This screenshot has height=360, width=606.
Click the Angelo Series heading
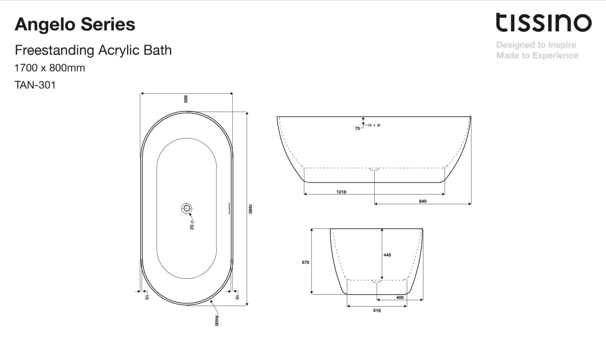coord(74,25)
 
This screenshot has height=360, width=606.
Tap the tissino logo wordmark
coord(543,23)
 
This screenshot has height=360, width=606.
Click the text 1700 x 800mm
coord(50,68)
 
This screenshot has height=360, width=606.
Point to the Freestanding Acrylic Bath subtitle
coord(93,50)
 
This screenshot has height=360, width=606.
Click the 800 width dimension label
coord(186,98)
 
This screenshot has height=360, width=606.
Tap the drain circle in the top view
coord(187,208)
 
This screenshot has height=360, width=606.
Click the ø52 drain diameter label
coord(192,225)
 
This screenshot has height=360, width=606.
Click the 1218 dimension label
coord(342,192)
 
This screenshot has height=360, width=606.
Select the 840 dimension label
coord(423,201)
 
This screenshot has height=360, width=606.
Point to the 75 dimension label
coord(357,129)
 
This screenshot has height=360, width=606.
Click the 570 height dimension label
coord(306,262)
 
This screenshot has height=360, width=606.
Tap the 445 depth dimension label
coord(387,255)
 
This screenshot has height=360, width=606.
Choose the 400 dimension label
coord(400,297)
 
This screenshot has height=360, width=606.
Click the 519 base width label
coord(377,310)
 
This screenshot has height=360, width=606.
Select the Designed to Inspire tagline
coord(536,45)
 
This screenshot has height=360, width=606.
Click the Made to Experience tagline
coord(537,56)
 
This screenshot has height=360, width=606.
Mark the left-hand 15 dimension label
coord(146,296)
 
